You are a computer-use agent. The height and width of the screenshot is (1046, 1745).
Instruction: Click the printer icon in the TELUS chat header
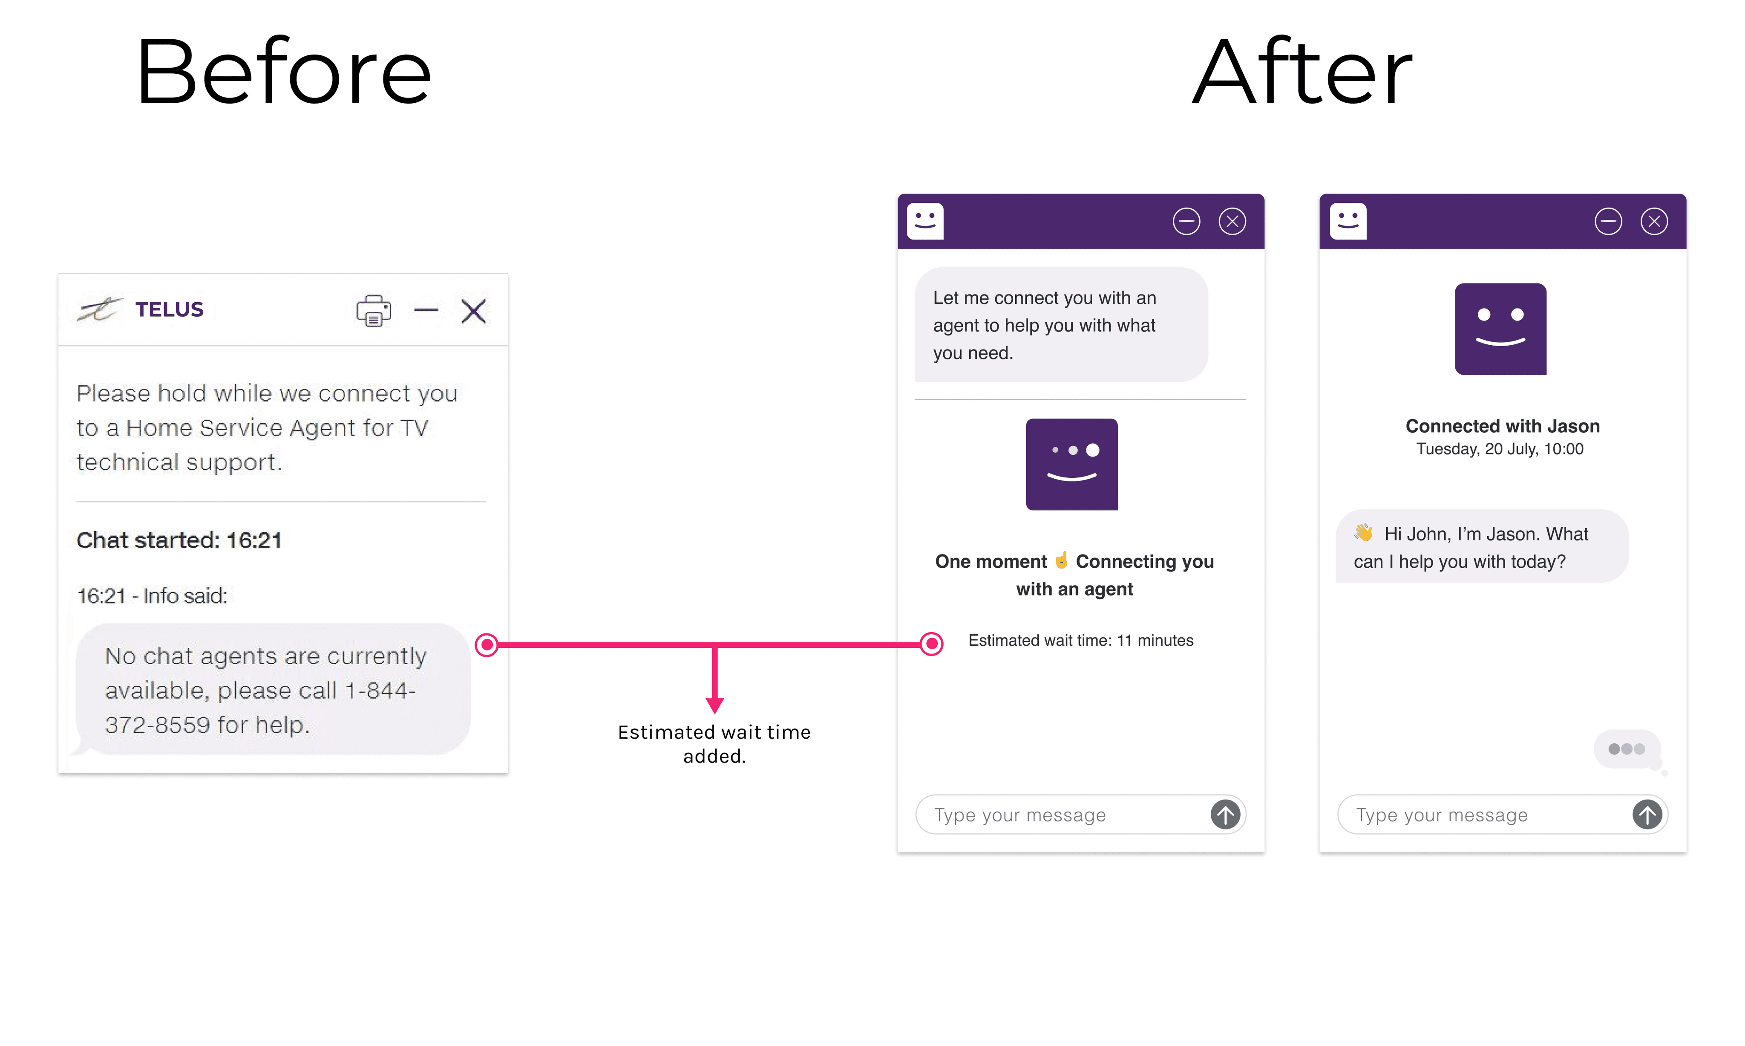(x=373, y=310)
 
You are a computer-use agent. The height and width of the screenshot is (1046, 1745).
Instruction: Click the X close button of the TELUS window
(x=473, y=310)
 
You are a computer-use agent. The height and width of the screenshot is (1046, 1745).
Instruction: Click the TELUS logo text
(x=169, y=309)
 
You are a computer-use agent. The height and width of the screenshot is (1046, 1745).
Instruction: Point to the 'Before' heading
(x=283, y=72)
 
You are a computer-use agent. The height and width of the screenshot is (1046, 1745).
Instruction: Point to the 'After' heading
(x=1302, y=72)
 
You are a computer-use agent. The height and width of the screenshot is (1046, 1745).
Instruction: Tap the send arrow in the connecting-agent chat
(x=1225, y=815)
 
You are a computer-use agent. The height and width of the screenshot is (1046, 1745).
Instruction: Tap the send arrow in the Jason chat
(x=1647, y=815)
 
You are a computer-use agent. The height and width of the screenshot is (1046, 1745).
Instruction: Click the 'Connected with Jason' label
(x=1502, y=426)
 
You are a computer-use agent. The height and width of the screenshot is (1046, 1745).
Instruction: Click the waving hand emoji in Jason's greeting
(x=1364, y=533)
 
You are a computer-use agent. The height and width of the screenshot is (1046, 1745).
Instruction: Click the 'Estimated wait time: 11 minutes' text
(x=1081, y=640)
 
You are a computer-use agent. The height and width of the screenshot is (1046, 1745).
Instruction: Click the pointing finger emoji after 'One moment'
(x=1061, y=561)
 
